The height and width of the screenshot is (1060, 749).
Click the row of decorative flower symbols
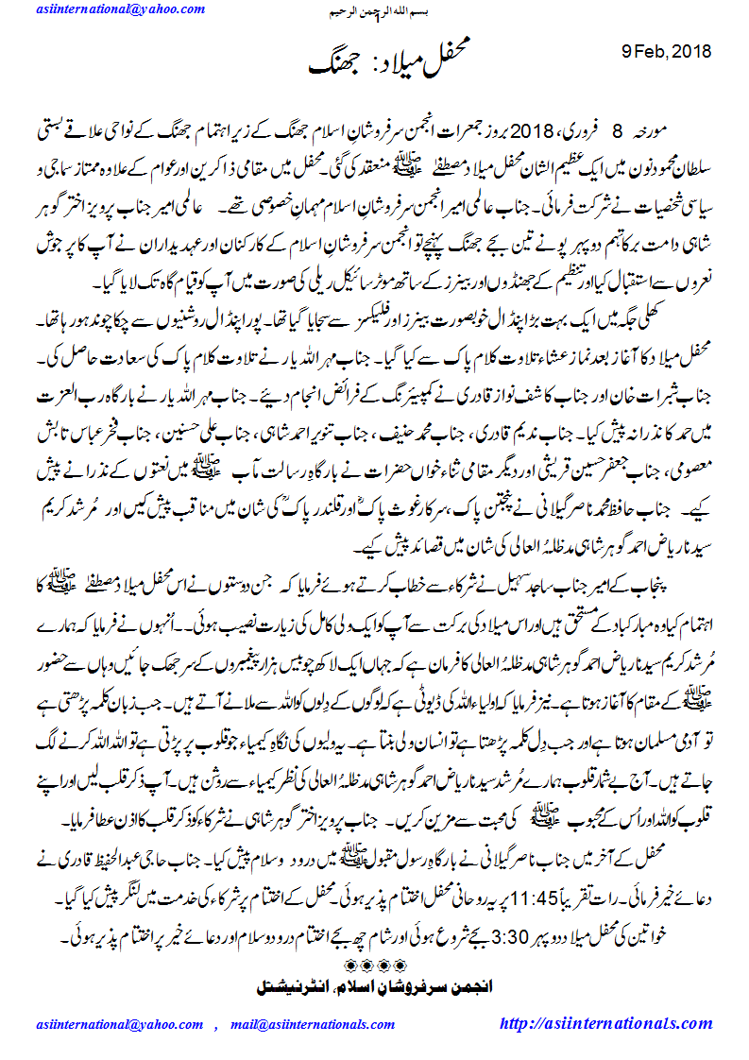(x=375, y=964)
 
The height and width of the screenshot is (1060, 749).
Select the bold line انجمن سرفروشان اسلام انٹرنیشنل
(x=375, y=985)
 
